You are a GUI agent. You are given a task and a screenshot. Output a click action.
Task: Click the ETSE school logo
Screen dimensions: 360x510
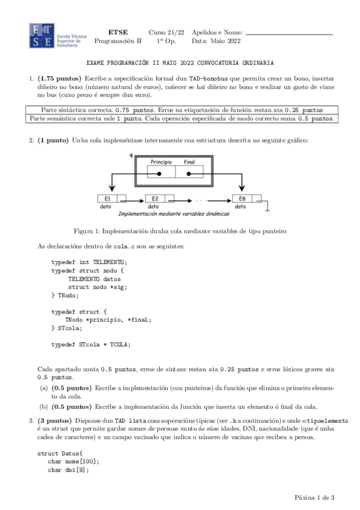tap(43, 36)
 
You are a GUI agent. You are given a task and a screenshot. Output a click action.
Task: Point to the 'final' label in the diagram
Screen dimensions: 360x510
tap(189, 162)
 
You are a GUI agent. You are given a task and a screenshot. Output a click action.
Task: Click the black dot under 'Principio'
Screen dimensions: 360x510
tap(160, 174)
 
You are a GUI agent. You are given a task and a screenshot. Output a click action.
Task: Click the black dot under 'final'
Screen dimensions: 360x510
tap(189, 174)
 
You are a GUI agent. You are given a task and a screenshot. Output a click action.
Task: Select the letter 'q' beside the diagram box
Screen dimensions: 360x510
tap(131, 155)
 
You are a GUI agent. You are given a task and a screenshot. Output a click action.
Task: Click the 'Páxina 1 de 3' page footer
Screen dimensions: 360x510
tap(314, 497)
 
